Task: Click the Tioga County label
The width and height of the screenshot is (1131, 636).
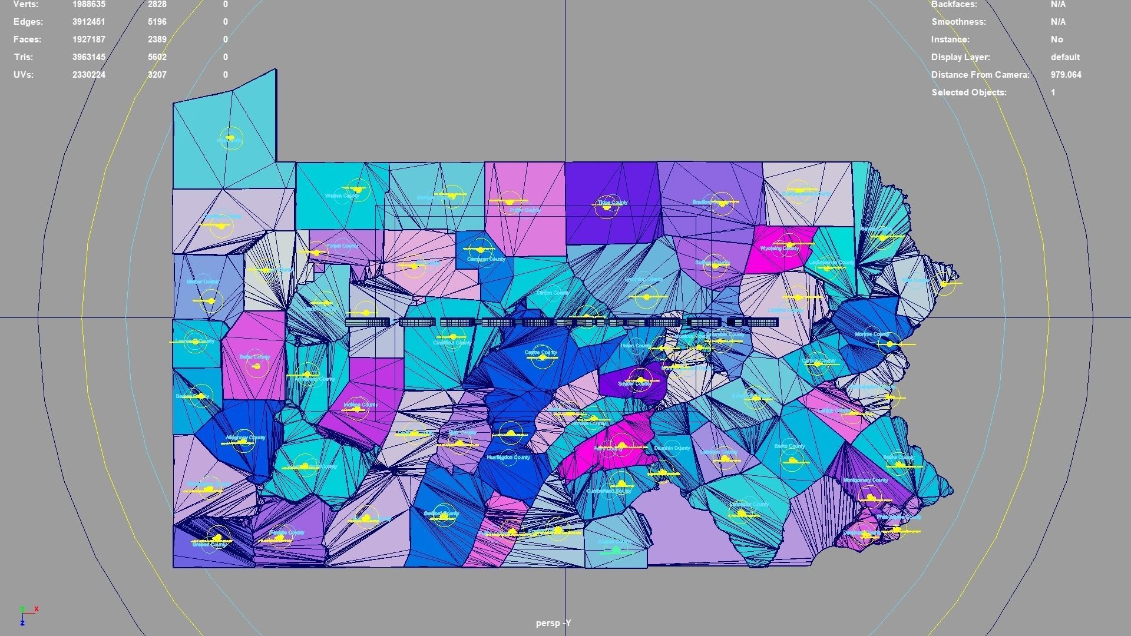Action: tap(613, 203)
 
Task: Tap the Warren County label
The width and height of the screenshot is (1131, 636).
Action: tap(342, 196)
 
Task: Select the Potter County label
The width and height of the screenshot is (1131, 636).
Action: tap(525, 210)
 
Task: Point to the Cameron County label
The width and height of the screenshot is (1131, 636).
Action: tap(486, 259)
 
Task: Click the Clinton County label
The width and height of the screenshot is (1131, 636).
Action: tap(553, 293)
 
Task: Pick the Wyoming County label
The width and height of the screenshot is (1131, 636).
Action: tap(779, 249)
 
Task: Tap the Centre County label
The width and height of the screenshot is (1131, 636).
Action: tap(541, 353)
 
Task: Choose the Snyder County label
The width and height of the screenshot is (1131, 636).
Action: tap(634, 384)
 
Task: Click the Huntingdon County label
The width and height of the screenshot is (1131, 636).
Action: tap(508, 458)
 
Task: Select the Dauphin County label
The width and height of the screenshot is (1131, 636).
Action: tap(672, 448)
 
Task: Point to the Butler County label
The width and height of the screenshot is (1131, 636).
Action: tap(255, 357)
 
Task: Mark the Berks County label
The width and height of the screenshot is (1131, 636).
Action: tap(789, 446)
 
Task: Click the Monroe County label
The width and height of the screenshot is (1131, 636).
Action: tap(872, 334)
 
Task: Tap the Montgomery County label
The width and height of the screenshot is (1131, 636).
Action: tap(865, 481)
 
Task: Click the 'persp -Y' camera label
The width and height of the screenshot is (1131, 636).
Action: tap(553, 623)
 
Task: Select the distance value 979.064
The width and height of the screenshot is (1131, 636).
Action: tap(1066, 75)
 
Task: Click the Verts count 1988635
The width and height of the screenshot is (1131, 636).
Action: tap(89, 4)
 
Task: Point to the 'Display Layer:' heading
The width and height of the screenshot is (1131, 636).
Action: tap(960, 57)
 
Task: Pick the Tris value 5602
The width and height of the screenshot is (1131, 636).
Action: tap(157, 57)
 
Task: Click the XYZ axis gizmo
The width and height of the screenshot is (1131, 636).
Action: tap(27, 615)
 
